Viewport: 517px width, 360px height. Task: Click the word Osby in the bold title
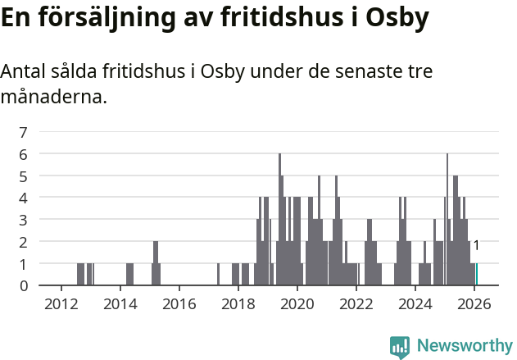point(397,18)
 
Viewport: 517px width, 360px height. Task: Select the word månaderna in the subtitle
point(53,98)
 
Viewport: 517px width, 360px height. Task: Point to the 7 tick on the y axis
point(24,132)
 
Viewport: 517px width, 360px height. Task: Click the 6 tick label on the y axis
point(24,154)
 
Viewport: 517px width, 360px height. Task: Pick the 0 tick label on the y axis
point(24,285)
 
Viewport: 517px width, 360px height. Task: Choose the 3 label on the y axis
point(24,220)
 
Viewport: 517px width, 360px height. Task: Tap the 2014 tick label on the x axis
point(120,303)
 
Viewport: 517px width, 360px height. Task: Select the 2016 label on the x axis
point(179,303)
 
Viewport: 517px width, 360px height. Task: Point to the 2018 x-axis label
point(238,303)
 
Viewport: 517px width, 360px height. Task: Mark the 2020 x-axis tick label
point(297,303)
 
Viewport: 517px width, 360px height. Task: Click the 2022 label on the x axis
point(356,303)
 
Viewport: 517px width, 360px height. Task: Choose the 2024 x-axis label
point(415,303)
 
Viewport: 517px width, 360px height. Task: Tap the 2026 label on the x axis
point(474,303)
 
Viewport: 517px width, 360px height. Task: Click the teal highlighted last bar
point(476,275)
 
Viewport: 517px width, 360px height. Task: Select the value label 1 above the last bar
point(476,245)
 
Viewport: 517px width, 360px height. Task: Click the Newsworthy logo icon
point(400,347)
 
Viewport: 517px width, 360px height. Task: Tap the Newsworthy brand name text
point(464,346)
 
